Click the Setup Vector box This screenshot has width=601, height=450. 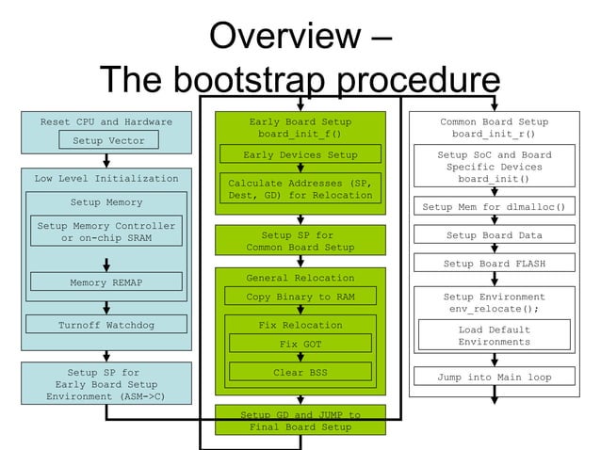[x=108, y=140]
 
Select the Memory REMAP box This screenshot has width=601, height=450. [x=106, y=281]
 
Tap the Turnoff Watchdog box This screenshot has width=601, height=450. [x=106, y=325]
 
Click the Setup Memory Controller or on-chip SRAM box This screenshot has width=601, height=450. [x=106, y=232]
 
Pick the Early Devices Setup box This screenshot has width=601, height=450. [x=300, y=154]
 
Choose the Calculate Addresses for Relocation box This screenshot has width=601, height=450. [x=300, y=189]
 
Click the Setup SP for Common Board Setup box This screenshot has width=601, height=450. [x=300, y=241]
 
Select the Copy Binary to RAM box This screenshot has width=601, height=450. [x=300, y=297]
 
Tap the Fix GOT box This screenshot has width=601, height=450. [x=300, y=345]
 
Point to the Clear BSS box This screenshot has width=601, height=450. [x=300, y=372]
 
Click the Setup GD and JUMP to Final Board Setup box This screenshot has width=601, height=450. [x=300, y=420]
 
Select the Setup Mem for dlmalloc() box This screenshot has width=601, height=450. [x=494, y=207]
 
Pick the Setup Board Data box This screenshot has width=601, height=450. [x=494, y=235]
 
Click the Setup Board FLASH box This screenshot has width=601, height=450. [x=494, y=264]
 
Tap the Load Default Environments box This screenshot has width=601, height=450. [x=494, y=336]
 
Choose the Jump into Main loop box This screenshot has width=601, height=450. [x=494, y=377]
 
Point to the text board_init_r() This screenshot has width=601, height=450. [x=494, y=135]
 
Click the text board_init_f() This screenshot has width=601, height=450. [x=300, y=135]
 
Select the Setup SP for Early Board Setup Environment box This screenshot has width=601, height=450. [x=106, y=384]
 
